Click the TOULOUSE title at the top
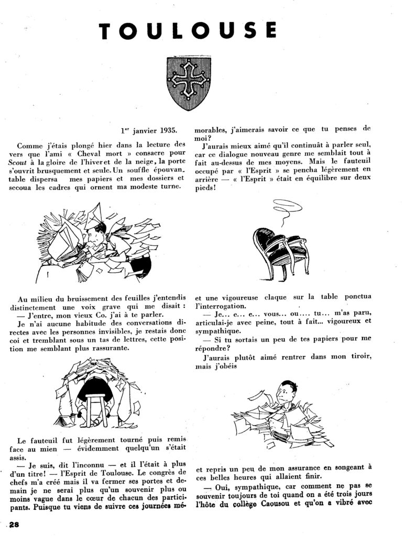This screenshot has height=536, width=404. [202, 31]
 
